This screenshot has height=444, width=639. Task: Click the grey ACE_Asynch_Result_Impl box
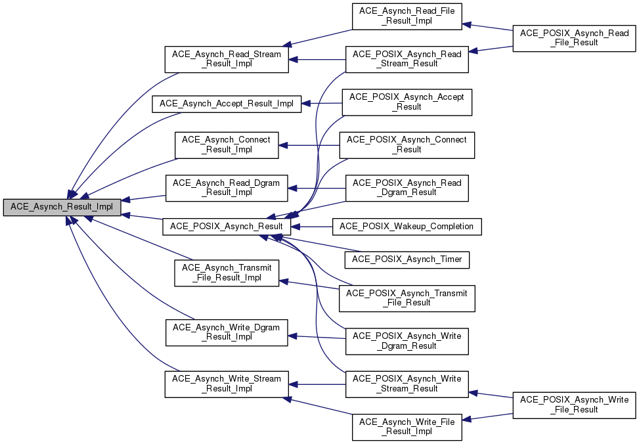click(62, 208)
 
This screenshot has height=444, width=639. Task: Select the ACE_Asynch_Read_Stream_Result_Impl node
click(226, 60)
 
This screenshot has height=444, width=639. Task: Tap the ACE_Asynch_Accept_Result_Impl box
click(226, 103)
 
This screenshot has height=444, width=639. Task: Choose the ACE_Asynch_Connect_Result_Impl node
click(226, 144)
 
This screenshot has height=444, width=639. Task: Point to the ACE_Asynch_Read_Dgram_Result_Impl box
click(226, 188)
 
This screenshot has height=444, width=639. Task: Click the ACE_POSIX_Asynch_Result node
click(226, 227)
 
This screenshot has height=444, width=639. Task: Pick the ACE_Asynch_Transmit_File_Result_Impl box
click(226, 273)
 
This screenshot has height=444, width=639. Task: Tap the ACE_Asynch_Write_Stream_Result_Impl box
click(226, 384)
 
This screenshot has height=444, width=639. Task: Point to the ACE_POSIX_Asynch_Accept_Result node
click(407, 102)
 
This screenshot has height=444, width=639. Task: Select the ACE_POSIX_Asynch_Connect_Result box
click(407, 144)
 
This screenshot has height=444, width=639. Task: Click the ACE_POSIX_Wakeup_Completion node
click(407, 227)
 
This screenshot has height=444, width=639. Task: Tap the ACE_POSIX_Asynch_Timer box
click(407, 259)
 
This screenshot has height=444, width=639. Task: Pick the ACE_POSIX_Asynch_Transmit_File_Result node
click(407, 298)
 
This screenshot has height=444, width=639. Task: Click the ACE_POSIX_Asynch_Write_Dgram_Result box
click(407, 341)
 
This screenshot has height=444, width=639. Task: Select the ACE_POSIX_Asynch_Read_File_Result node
click(575, 38)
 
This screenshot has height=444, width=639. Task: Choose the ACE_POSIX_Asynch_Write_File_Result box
click(575, 405)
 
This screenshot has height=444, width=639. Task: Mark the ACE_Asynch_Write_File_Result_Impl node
click(407, 428)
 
